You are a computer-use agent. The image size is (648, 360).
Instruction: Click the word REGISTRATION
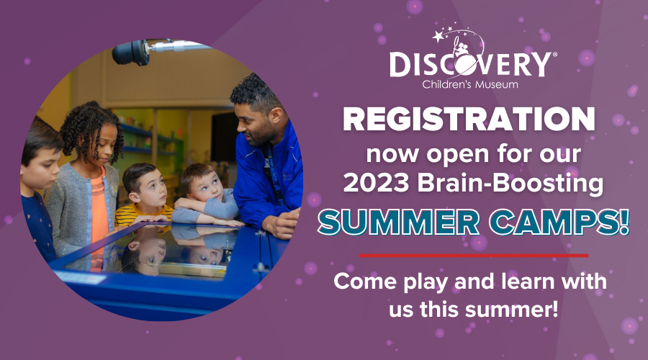coord(469,119)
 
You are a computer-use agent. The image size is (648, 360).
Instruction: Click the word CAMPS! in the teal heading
coord(559,222)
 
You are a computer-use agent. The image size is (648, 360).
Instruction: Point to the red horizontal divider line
coord(473,256)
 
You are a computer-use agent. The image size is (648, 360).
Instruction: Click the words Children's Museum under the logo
coord(470,84)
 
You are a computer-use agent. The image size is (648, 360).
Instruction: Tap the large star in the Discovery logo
coord(438,37)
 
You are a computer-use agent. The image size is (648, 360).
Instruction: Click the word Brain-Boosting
coord(510,184)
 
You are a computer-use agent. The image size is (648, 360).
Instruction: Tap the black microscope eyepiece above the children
coord(130,52)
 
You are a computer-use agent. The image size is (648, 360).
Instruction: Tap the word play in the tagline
coord(426,282)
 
